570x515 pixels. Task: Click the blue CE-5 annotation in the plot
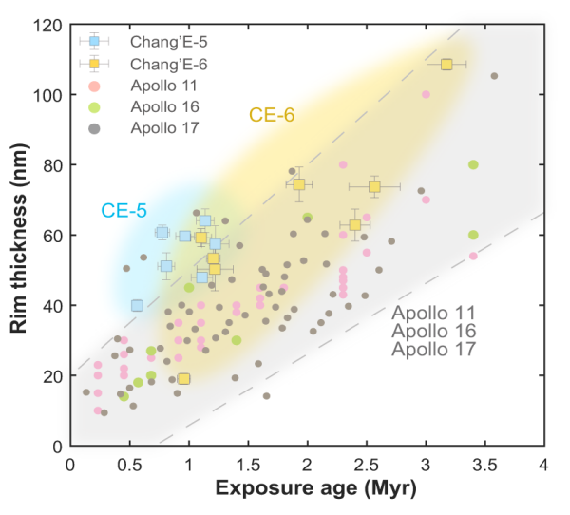click(123, 210)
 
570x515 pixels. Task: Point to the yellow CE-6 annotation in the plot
click(272, 115)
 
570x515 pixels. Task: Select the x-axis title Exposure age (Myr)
click(306, 490)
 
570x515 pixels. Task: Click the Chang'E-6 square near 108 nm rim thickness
click(446, 65)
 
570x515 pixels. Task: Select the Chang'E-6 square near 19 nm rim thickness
click(183, 379)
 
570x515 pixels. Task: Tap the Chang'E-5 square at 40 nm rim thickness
click(137, 305)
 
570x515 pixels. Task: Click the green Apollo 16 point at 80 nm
click(473, 164)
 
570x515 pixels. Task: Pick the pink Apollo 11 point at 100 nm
click(426, 94)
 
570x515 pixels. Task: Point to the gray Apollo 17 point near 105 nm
click(494, 76)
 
